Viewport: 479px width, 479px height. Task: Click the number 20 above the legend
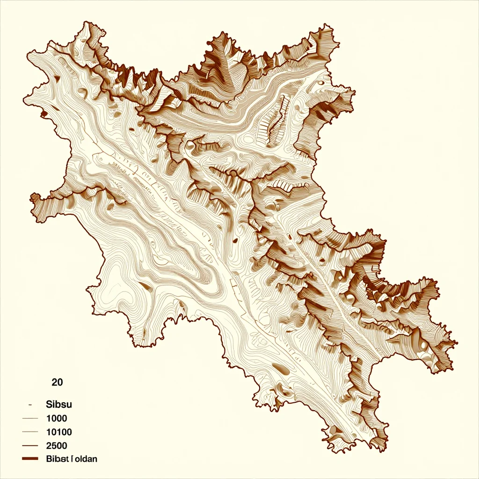click(x=57, y=382)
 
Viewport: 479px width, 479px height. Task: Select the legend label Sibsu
click(x=59, y=404)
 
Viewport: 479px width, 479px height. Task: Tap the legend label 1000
click(x=57, y=418)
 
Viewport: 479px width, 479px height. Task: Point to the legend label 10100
click(x=59, y=432)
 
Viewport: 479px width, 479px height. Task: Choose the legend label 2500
click(x=57, y=445)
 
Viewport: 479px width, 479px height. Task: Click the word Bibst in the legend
click(x=58, y=459)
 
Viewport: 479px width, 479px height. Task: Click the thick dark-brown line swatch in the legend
click(x=30, y=459)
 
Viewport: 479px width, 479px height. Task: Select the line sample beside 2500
click(x=30, y=446)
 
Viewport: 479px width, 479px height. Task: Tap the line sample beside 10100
click(x=30, y=432)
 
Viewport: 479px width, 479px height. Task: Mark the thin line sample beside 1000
click(x=30, y=418)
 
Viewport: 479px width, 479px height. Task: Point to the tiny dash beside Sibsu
click(x=30, y=404)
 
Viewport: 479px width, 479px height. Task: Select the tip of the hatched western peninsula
click(x=32, y=196)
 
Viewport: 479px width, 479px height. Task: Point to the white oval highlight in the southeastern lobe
click(x=348, y=297)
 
